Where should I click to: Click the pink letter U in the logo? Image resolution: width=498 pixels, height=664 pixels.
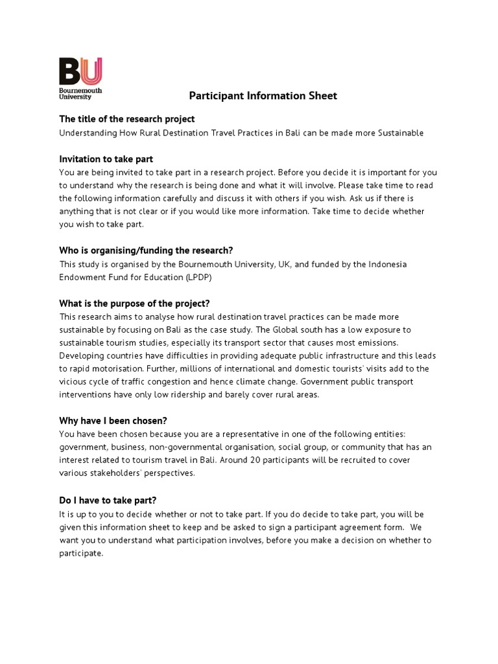click(91, 71)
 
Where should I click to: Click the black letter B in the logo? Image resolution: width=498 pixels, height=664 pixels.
click(70, 71)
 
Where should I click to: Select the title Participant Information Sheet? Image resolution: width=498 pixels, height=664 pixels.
click(263, 96)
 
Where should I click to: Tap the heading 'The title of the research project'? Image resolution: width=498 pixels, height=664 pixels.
click(127, 119)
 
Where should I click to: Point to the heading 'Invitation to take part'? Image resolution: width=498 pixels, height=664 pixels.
click(106, 159)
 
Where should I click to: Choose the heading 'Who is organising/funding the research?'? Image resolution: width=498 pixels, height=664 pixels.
click(147, 251)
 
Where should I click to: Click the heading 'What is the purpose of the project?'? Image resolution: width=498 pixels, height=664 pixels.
click(135, 303)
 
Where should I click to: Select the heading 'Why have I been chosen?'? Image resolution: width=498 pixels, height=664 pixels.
click(113, 420)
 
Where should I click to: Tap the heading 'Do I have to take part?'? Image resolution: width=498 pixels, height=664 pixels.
click(108, 499)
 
